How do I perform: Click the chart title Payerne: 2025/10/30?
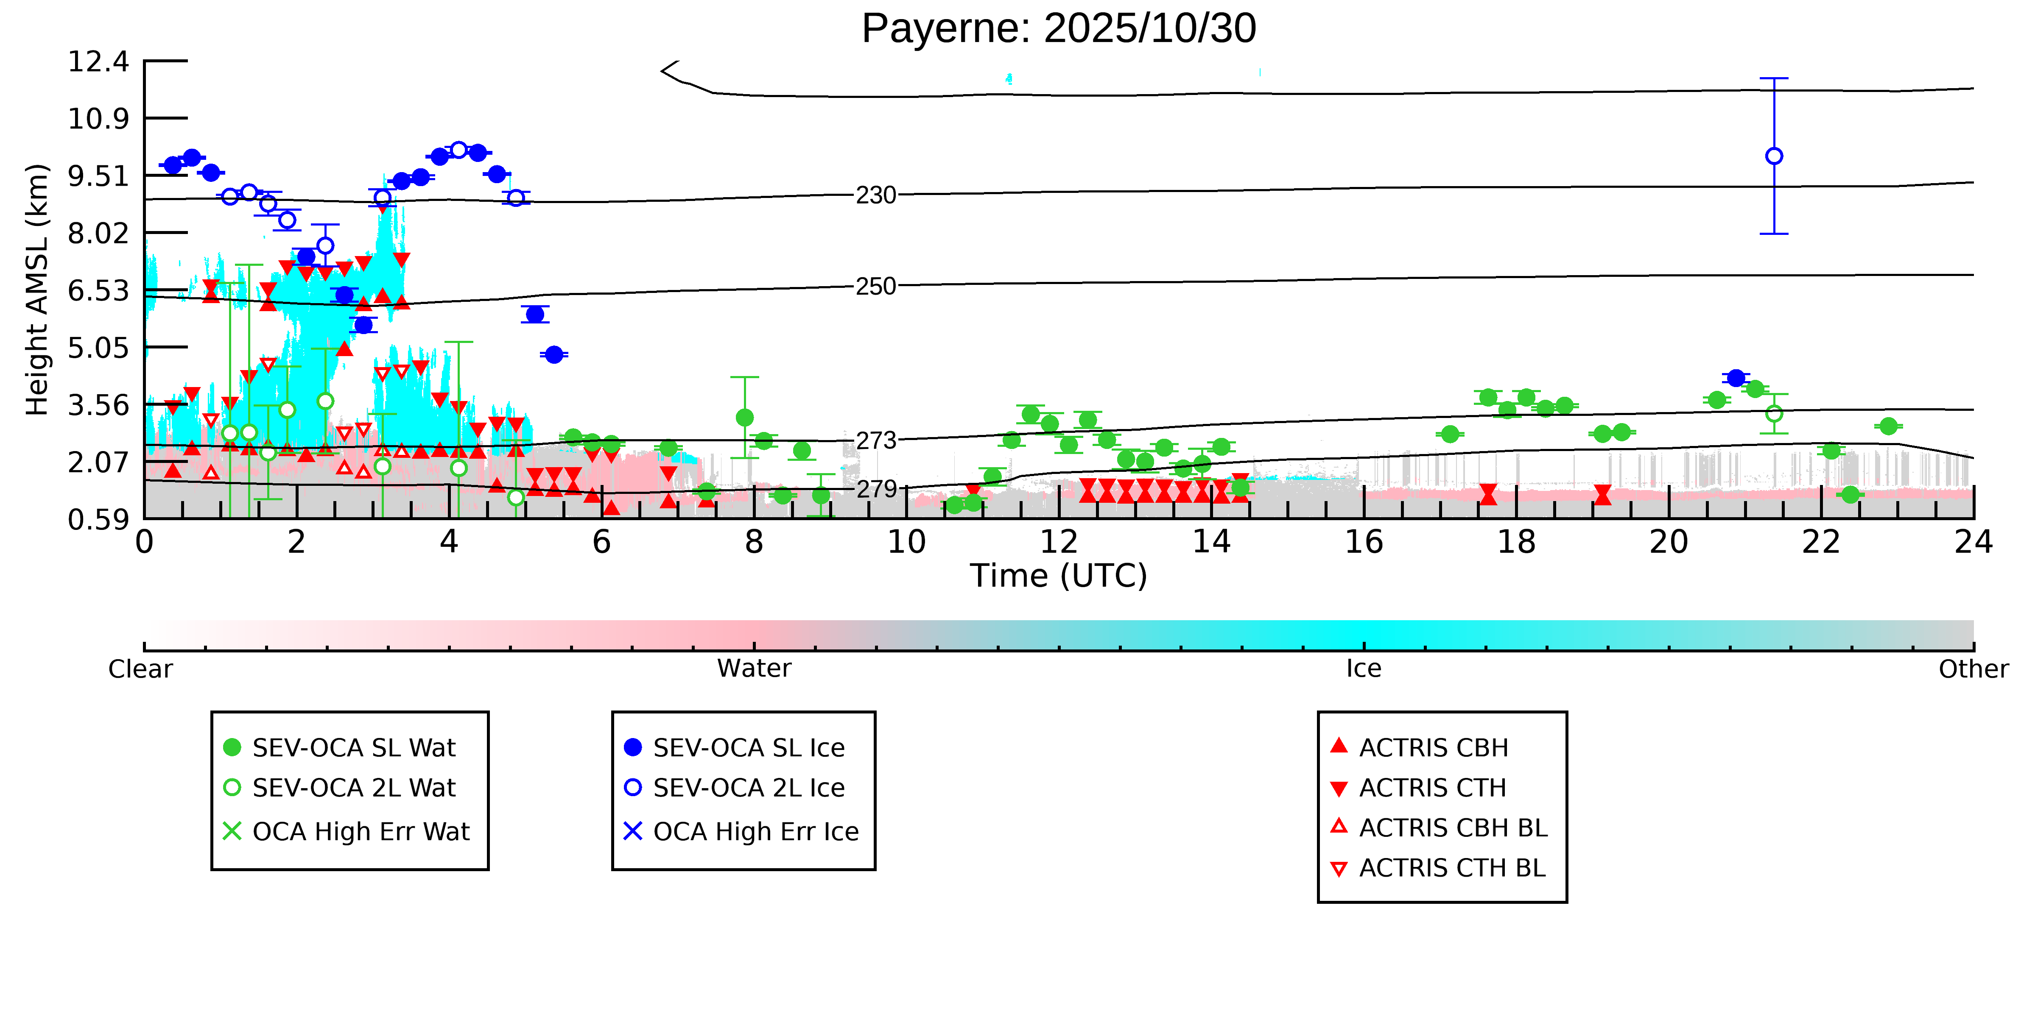coord(1059,29)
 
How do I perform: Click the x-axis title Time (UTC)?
coord(1059,576)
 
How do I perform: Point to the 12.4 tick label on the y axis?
coord(98,61)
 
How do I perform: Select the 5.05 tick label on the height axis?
coord(98,348)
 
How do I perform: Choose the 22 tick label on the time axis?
coord(1821,543)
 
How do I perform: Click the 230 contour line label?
coord(876,195)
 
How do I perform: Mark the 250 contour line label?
coord(876,286)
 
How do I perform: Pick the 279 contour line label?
coord(876,490)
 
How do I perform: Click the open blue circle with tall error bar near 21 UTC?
coord(1774,156)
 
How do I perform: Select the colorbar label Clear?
coord(141,669)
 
